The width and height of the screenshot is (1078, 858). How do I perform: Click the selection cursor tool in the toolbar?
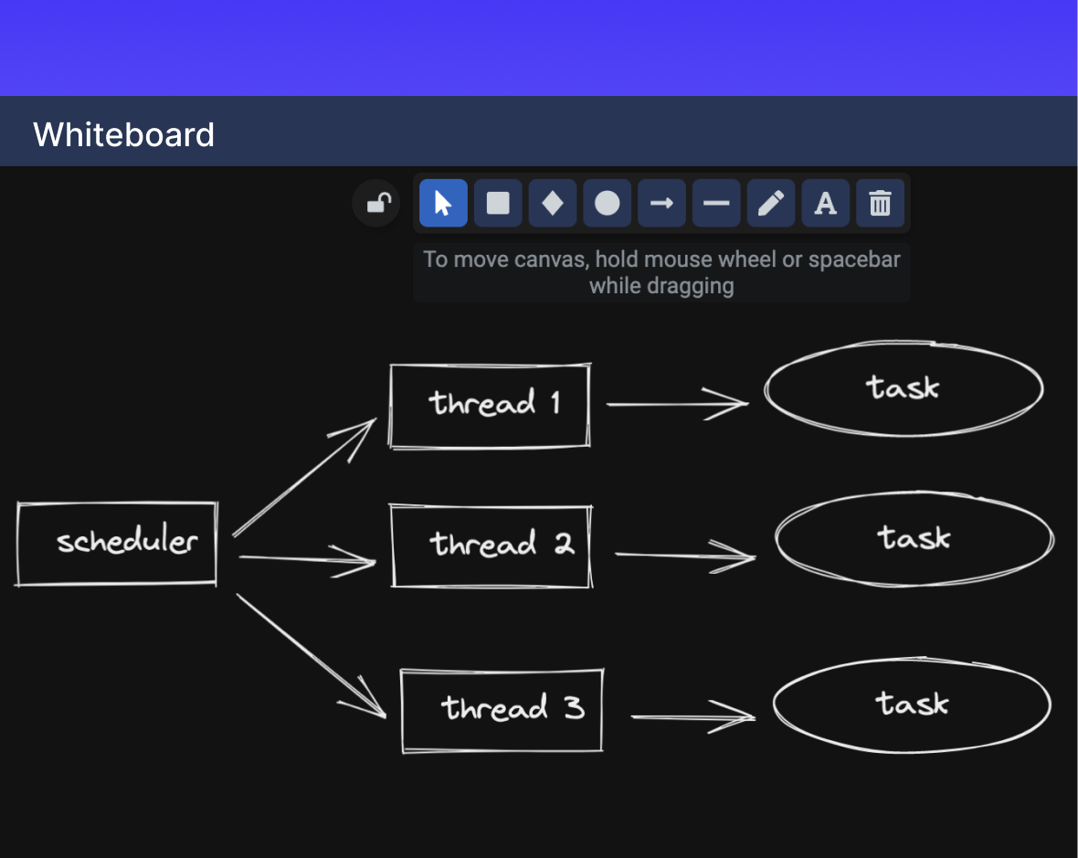(x=443, y=203)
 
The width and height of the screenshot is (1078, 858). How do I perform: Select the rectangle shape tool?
(x=498, y=203)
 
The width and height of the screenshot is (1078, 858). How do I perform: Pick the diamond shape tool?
(x=553, y=203)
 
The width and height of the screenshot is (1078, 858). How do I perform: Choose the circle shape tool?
(x=608, y=203)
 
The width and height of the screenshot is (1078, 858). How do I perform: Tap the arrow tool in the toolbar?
(x=661, y=203)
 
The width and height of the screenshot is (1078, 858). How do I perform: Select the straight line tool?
(x=716, y=203)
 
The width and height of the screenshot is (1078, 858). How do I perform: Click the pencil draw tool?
(x=771, y=203)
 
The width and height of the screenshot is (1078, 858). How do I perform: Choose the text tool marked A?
(x=826, y=203)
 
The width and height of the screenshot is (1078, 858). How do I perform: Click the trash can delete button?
(x=880, y=203)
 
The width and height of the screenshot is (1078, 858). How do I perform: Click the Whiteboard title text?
(x=123, y=134)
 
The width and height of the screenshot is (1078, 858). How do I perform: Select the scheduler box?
(x=117, y=543)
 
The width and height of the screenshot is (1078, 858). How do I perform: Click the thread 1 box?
(x=491, y=405)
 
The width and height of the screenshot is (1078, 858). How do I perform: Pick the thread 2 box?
(x=491, y=546)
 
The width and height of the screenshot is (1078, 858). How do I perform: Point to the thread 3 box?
(x=502, y=710)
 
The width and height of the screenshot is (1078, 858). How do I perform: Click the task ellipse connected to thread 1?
(x=904, y=388)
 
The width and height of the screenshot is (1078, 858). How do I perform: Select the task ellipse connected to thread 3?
(x=912, y=704)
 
